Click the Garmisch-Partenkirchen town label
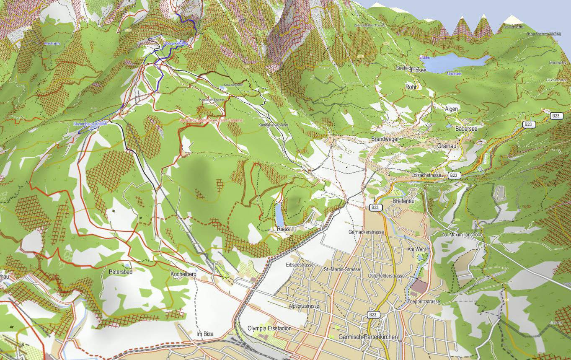(368, 337)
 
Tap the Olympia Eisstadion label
(269, 328)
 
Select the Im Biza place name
(205, 334)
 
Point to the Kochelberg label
(184, 274)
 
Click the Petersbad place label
(121, 272)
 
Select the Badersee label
(466, 129)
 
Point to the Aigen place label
(451, 109)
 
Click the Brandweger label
(385, 139)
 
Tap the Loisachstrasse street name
(426, 175)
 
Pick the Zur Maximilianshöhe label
(462, 235)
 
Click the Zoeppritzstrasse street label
(423, 301)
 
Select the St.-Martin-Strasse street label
(342, 269)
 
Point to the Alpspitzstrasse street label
(304, 306)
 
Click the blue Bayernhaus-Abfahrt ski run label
(90, 124)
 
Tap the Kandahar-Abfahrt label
(273, 125)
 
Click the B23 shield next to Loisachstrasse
(453, 175)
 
